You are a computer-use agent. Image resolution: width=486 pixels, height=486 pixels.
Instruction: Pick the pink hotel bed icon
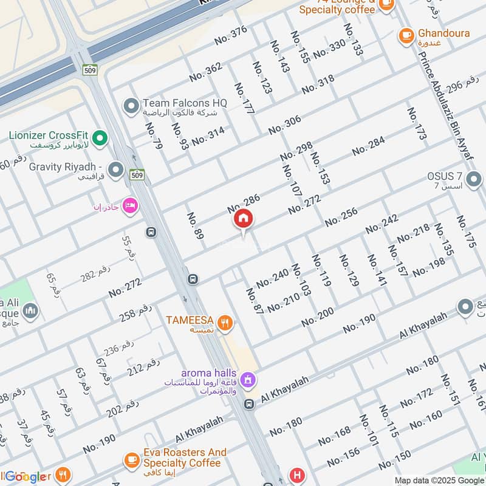click(x=130, y=207)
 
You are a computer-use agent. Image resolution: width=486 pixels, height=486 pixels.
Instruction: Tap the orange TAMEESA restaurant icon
click(x=225, y=323)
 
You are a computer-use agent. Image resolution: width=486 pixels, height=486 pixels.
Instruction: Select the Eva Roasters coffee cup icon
click(x=132, y=461)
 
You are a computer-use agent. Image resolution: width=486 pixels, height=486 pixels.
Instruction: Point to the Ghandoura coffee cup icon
click(x=406, y=36)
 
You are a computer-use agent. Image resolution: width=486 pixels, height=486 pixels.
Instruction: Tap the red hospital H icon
click(x=297, y=475)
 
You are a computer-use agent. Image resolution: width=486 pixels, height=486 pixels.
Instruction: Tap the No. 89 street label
click(x=194, y=226)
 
